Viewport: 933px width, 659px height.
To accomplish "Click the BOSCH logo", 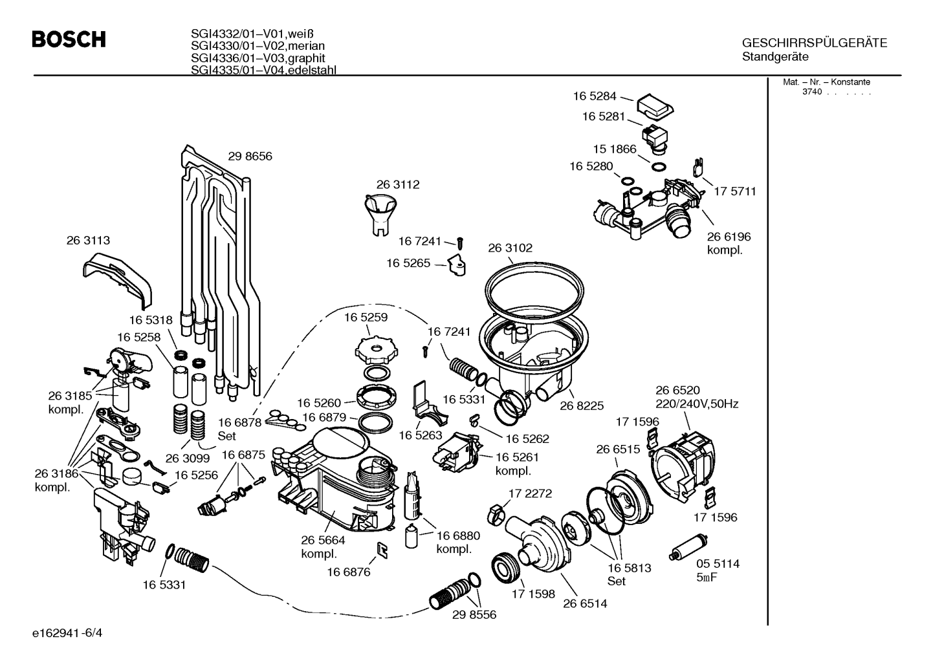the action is tap(69, 39).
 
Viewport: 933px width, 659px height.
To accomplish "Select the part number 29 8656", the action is tap(250, 156).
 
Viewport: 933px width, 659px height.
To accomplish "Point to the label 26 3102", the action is tap(510, 248).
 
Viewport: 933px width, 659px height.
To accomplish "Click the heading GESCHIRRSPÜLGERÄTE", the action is tap(815, 43).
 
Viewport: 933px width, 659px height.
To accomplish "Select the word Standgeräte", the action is tap(775, 57).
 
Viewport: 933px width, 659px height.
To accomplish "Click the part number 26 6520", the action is tap(677, 390).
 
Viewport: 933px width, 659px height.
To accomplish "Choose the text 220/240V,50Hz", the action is tap(697, 404).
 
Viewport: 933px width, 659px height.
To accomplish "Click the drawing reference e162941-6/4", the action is tap(67, 633).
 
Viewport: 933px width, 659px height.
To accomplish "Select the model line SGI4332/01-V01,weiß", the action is tap(252, 33).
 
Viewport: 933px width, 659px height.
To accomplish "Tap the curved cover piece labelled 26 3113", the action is tap(118, 281).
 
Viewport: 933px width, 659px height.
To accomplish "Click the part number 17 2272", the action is tap(530, 493).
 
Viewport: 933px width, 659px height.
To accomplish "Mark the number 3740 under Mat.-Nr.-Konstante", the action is tap(812, 92).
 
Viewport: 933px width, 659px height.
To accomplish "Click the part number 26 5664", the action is tap(324, 540).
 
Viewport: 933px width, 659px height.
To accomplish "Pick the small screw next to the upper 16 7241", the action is tap(460, 243).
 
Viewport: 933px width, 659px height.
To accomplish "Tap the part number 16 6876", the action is tap(349, 572).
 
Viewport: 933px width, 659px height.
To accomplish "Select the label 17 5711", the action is tap(735, 191).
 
